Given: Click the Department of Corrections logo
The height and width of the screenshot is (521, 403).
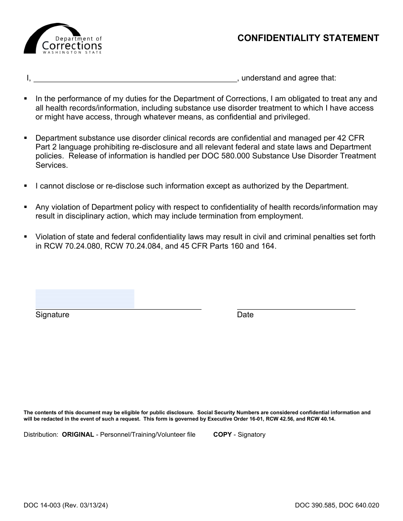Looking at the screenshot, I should coord(63,39).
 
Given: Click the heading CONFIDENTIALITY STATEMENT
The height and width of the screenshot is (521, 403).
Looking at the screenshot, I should coord(308,38).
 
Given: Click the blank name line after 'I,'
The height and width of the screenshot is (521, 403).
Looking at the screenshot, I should coord(135,78).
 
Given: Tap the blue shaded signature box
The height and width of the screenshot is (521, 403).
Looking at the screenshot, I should coord(85,299).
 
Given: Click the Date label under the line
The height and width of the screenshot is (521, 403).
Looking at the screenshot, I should coord(245,315).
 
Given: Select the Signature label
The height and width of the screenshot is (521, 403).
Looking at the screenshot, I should coord(52,315).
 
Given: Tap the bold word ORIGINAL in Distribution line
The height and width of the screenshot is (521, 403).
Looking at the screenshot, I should coord(78,435).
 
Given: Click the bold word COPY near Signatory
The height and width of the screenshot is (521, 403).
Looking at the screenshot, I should coord(222,435).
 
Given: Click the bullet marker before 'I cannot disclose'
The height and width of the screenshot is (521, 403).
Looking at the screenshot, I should coord(25,186).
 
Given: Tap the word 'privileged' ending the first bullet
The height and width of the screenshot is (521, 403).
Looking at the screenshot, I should coord(291,117).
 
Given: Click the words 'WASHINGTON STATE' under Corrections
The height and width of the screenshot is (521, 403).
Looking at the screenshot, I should coord(72,53).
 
